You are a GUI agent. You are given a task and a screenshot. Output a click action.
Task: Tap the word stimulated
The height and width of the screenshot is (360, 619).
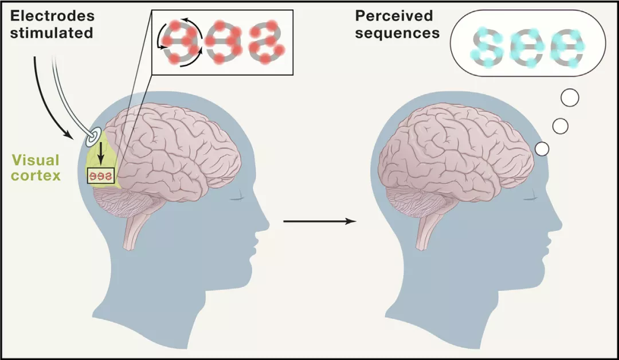(x=50, y=33)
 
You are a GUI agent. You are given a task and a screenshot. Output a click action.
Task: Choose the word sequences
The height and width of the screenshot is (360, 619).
(x=397, y=33)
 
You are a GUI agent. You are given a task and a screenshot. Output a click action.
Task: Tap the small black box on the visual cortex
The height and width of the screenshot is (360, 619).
(x=101, y=175)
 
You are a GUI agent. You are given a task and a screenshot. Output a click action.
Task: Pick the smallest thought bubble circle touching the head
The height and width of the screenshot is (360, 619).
(x=542, y=149)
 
